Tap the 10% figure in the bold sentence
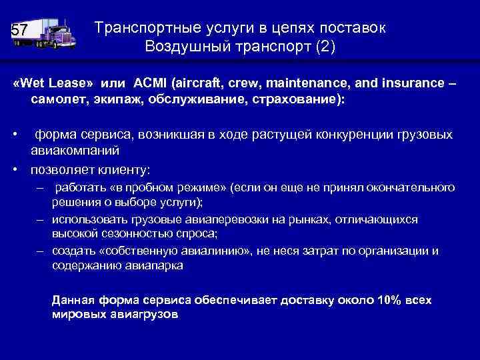pos(389,300)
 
